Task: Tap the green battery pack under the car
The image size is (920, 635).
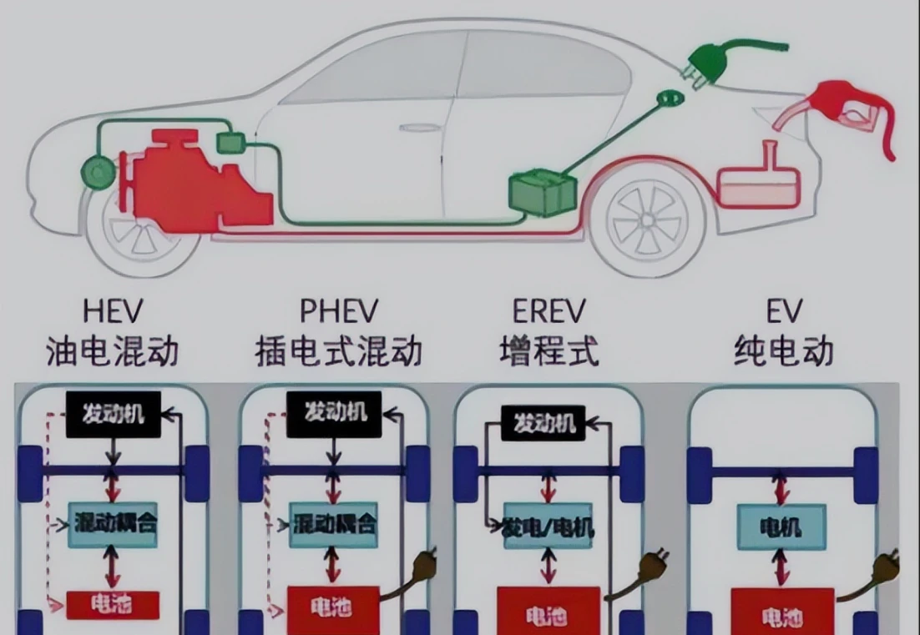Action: coord(540,191)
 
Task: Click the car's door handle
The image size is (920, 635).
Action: coord(419,128)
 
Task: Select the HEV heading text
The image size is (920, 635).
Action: coord(113,311)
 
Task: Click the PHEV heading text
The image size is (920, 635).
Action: coord(338,311)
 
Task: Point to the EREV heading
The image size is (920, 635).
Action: coord(548,311)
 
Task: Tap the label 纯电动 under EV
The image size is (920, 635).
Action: coord(783,350)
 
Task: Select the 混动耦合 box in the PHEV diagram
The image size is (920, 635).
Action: coord(334,525)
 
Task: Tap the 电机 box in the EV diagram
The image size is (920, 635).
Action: coord(781,527)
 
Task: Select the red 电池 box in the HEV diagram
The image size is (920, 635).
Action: coord(112,602)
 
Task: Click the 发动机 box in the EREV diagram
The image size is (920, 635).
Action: coord(544,423)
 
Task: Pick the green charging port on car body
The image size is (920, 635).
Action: coord(668,99)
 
